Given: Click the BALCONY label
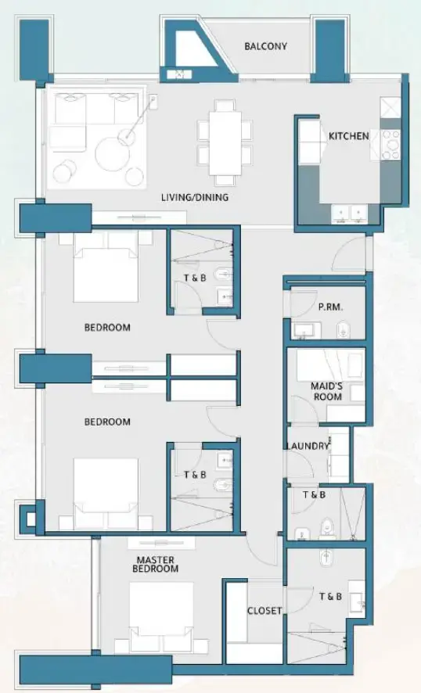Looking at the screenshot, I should click(x=265, y=46).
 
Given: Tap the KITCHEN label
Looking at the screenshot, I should click(x=348, y=136).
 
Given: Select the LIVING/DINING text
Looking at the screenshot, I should click(x=195, y=198).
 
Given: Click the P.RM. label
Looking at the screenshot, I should click(x=330, y=307).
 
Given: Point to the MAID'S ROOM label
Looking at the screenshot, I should click(x=327, y=391).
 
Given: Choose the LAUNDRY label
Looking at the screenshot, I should click(x=308, y=447).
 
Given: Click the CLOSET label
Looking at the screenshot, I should click(x=264, y=611).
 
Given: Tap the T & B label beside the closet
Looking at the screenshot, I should click(x=330, y=597).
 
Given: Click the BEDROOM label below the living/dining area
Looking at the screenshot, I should click(x=107, y=328).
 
